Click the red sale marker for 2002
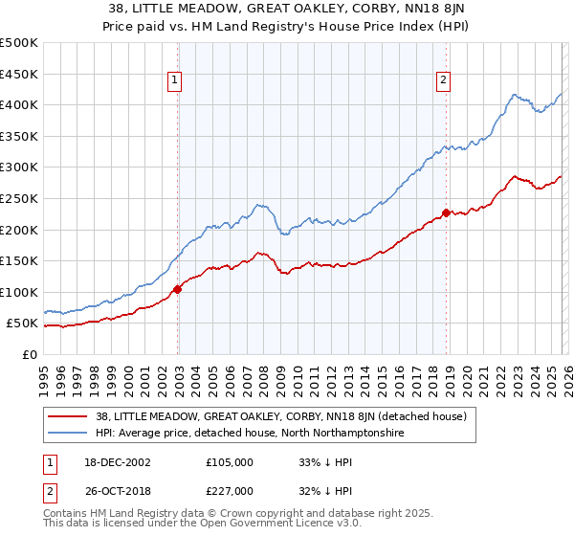pyautogui.click(x=178, y=289)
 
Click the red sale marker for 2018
pyautogui.click(x=446, y=212)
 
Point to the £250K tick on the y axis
pyautogui.click(x=19, y=198)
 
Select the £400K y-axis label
pyautogui.click(x=19, y=104)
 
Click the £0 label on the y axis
pyautogui.click(x=29, y=354)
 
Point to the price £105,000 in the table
pyautogui.click(x=229, y=461)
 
